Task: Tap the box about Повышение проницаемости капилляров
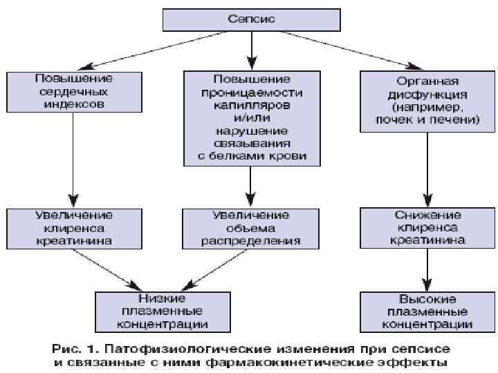pyautogui.click(x=252, y=118)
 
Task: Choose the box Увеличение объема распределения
pyautogui.click(x=252, y=228)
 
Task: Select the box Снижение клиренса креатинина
pyautogui.click(x=427, y=228)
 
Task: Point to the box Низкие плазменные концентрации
pyautogui.click(x=162, y=310)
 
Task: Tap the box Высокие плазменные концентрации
pyautogui.click(x=427, y=310)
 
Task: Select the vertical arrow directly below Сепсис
pyautogui.click(x=252, y=49)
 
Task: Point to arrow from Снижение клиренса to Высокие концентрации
pyautogui.click(x=427, y=269)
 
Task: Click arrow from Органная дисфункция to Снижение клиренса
pyautogui.click(x=427, y=169)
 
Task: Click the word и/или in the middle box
pyautogui.click(x=252, y=118)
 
